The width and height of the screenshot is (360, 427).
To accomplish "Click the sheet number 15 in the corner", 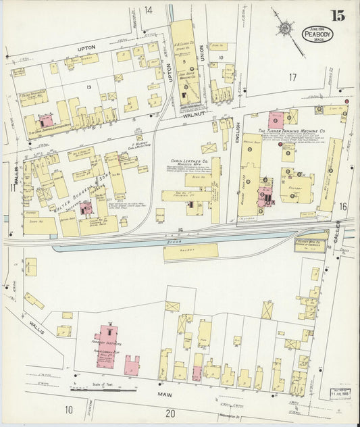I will tap(338, 16).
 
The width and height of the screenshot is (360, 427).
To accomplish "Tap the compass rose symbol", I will tap(286, 28).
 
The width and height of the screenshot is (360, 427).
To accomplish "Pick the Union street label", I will tap(201, 69).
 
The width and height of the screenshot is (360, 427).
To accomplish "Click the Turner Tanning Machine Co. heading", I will tap(292, 130).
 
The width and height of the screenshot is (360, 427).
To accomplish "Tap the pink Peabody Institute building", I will tap(107, 345).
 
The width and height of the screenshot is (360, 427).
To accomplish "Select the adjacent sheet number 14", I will tap(148, 9).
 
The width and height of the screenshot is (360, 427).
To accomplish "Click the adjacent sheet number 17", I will tap(292, 77).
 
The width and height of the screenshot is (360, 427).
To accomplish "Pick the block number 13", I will tap(88, 86).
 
